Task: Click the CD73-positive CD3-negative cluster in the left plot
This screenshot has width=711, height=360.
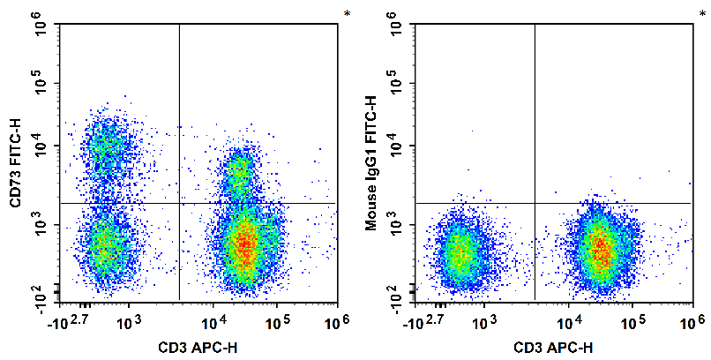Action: click(107, 145)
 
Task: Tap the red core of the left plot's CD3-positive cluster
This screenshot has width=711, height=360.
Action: click(243, 243)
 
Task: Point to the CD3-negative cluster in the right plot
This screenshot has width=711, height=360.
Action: click(458, 255)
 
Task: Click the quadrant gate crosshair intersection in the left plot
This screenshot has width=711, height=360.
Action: click(179, 203)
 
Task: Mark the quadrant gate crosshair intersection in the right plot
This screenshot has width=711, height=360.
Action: click(535, 203)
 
